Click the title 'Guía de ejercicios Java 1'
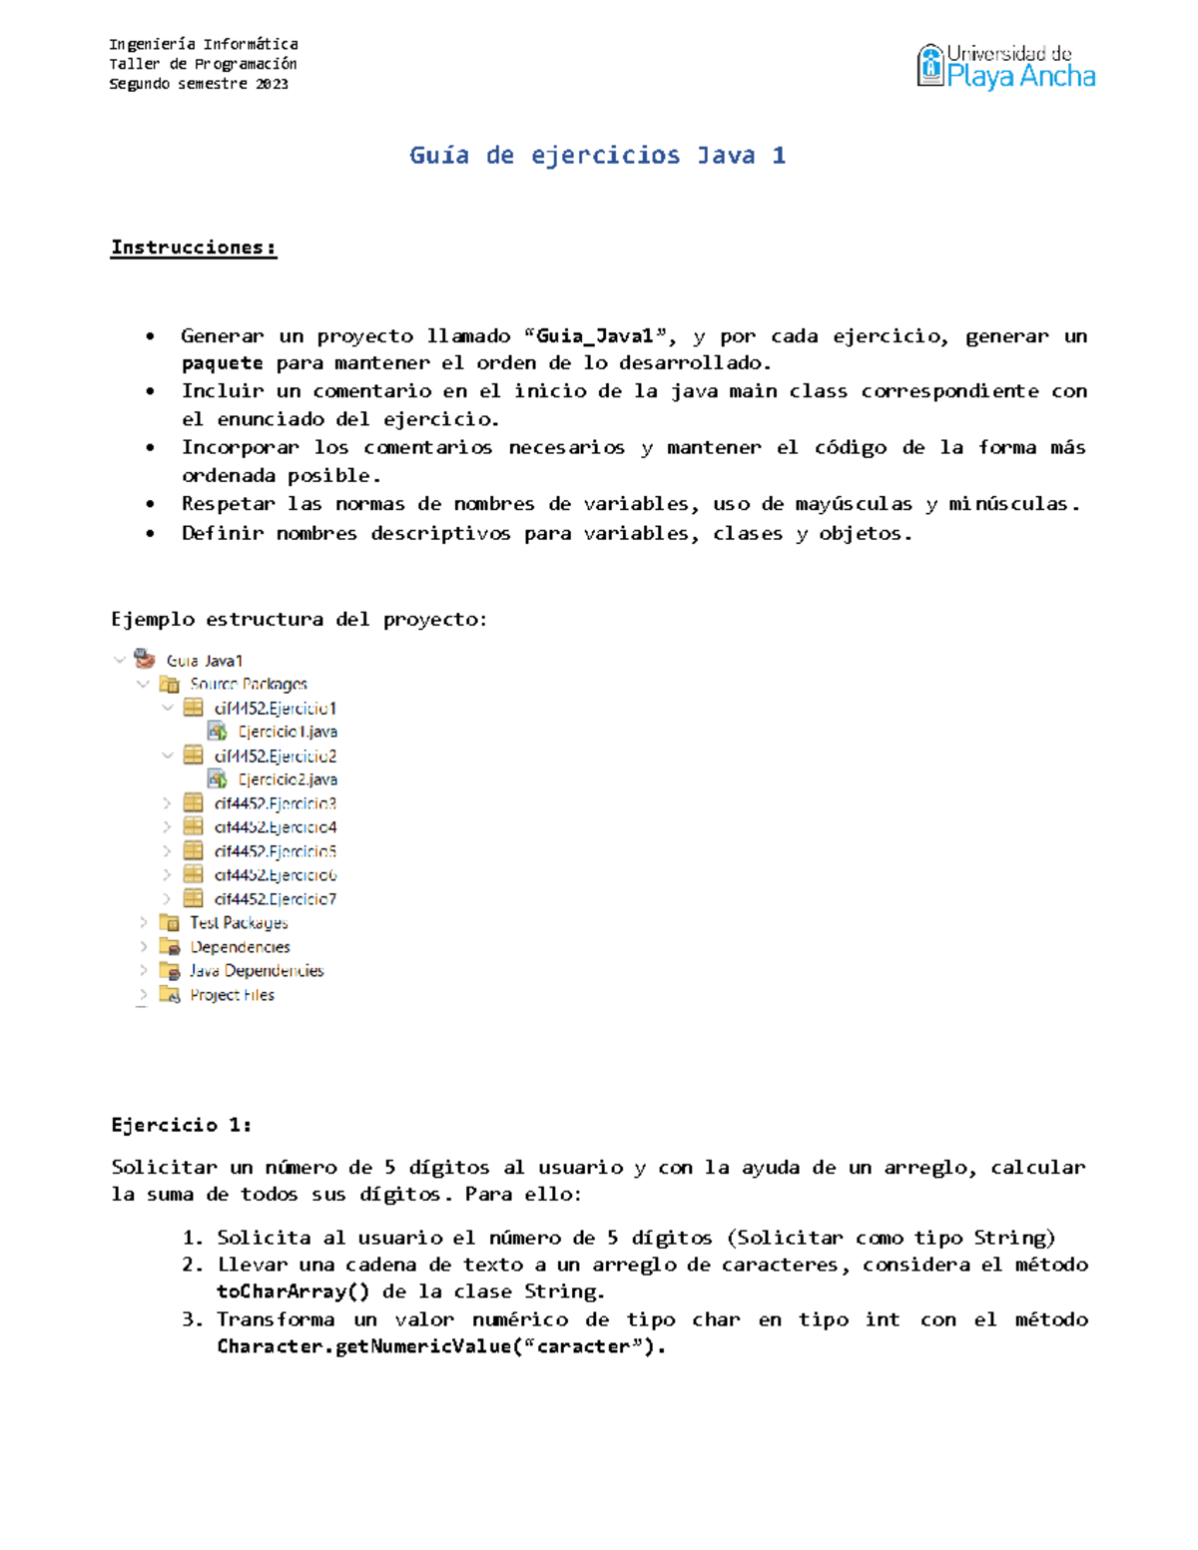(x=597, y=156)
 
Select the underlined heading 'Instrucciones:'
(x=194, y=248)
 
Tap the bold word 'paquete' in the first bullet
(x=223, y=363)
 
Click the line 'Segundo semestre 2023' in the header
(x=199, y=84)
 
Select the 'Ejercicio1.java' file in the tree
(x=287, y=732)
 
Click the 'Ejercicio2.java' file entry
(x=287, y=779)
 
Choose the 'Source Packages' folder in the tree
(x=248, y=684)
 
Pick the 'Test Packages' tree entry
(x=239, y=923)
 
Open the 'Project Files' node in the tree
(x=232, y=995)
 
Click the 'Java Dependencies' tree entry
(x=257, y=971)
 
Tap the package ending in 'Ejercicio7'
(x=275, y=899)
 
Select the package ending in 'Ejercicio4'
(x=275, y=827)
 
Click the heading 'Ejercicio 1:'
(x=181, y=1125)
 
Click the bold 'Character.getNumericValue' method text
(x=362, y=1346)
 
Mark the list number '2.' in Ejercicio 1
(x=193, y=1265)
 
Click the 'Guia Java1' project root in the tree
(x=204, y=661)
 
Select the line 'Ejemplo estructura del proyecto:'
(x=299, y=620)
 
